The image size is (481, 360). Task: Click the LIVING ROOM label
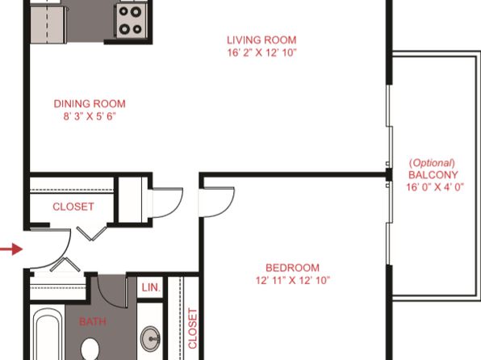261,40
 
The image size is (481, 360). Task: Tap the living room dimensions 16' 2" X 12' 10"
262,52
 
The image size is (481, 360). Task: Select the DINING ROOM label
90,104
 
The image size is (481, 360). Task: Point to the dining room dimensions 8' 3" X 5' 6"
90,116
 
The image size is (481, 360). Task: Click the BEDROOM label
292,268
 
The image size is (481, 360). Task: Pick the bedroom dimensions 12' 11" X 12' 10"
293,280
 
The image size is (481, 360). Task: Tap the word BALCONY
433,175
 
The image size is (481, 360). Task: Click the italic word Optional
433,163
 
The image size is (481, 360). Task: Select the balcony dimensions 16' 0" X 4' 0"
435,187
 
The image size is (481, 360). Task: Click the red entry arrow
11,249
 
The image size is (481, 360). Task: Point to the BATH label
93,321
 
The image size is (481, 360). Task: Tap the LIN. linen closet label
151,287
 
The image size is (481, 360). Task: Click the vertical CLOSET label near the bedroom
192,329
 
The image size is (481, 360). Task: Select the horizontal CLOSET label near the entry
73,207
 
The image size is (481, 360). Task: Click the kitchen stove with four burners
131,20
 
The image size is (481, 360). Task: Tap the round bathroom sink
150,339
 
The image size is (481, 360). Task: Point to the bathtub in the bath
48,334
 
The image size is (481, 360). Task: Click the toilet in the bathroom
90,349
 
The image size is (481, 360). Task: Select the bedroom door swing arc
227,207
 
